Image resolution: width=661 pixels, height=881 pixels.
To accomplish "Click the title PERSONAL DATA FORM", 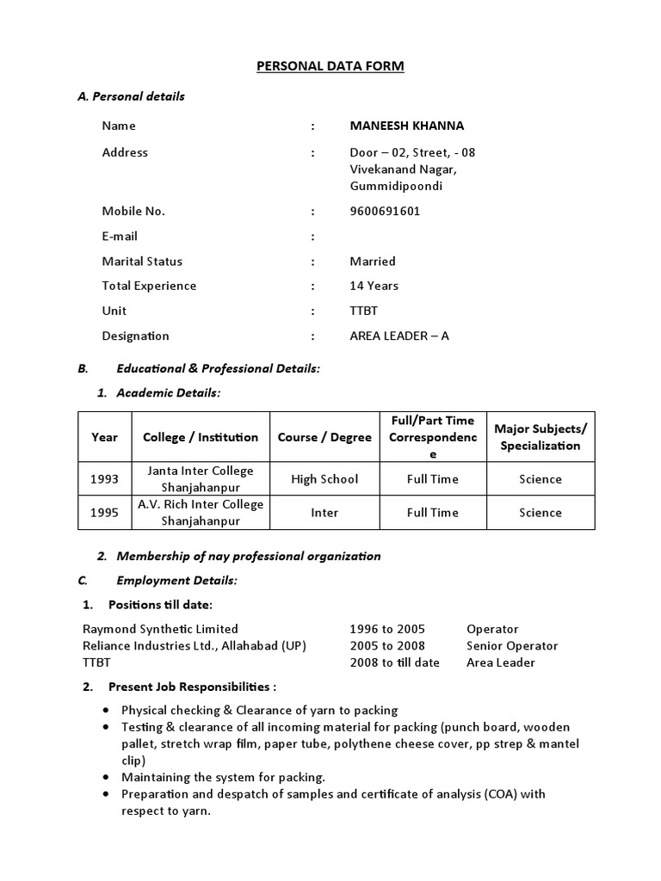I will coord(330,66).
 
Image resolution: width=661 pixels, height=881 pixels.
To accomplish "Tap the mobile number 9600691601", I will coord(385,211).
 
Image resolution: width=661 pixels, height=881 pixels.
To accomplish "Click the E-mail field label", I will coord(120,236).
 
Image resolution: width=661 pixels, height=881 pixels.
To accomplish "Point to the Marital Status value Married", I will coord(373,261).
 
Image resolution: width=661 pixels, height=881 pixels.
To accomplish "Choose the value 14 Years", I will coord(374,286).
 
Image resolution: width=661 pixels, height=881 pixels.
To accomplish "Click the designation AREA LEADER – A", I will coord(399,336).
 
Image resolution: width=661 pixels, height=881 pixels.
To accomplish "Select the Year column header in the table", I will coord(104,437).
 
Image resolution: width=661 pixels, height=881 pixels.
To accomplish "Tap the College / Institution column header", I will coord(201,437).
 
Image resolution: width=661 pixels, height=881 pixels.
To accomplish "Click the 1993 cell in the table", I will coord(104,479).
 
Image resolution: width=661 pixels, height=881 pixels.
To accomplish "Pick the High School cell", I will coord(324,479).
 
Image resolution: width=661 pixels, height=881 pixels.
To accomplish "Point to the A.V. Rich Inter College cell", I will coord(201,513).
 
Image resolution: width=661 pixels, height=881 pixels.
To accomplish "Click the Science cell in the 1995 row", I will coord(541,513).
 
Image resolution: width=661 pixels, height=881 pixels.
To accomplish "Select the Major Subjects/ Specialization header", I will coord(541,437).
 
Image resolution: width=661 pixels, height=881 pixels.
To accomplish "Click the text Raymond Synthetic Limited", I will coord(160,629).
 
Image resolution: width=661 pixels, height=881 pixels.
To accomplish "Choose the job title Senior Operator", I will coord(512,646).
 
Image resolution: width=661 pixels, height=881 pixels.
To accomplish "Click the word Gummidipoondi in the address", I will coord(396,186).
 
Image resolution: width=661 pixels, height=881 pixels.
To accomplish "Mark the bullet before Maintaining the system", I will coord(105,777).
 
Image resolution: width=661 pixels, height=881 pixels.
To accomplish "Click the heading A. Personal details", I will coord(131,96).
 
